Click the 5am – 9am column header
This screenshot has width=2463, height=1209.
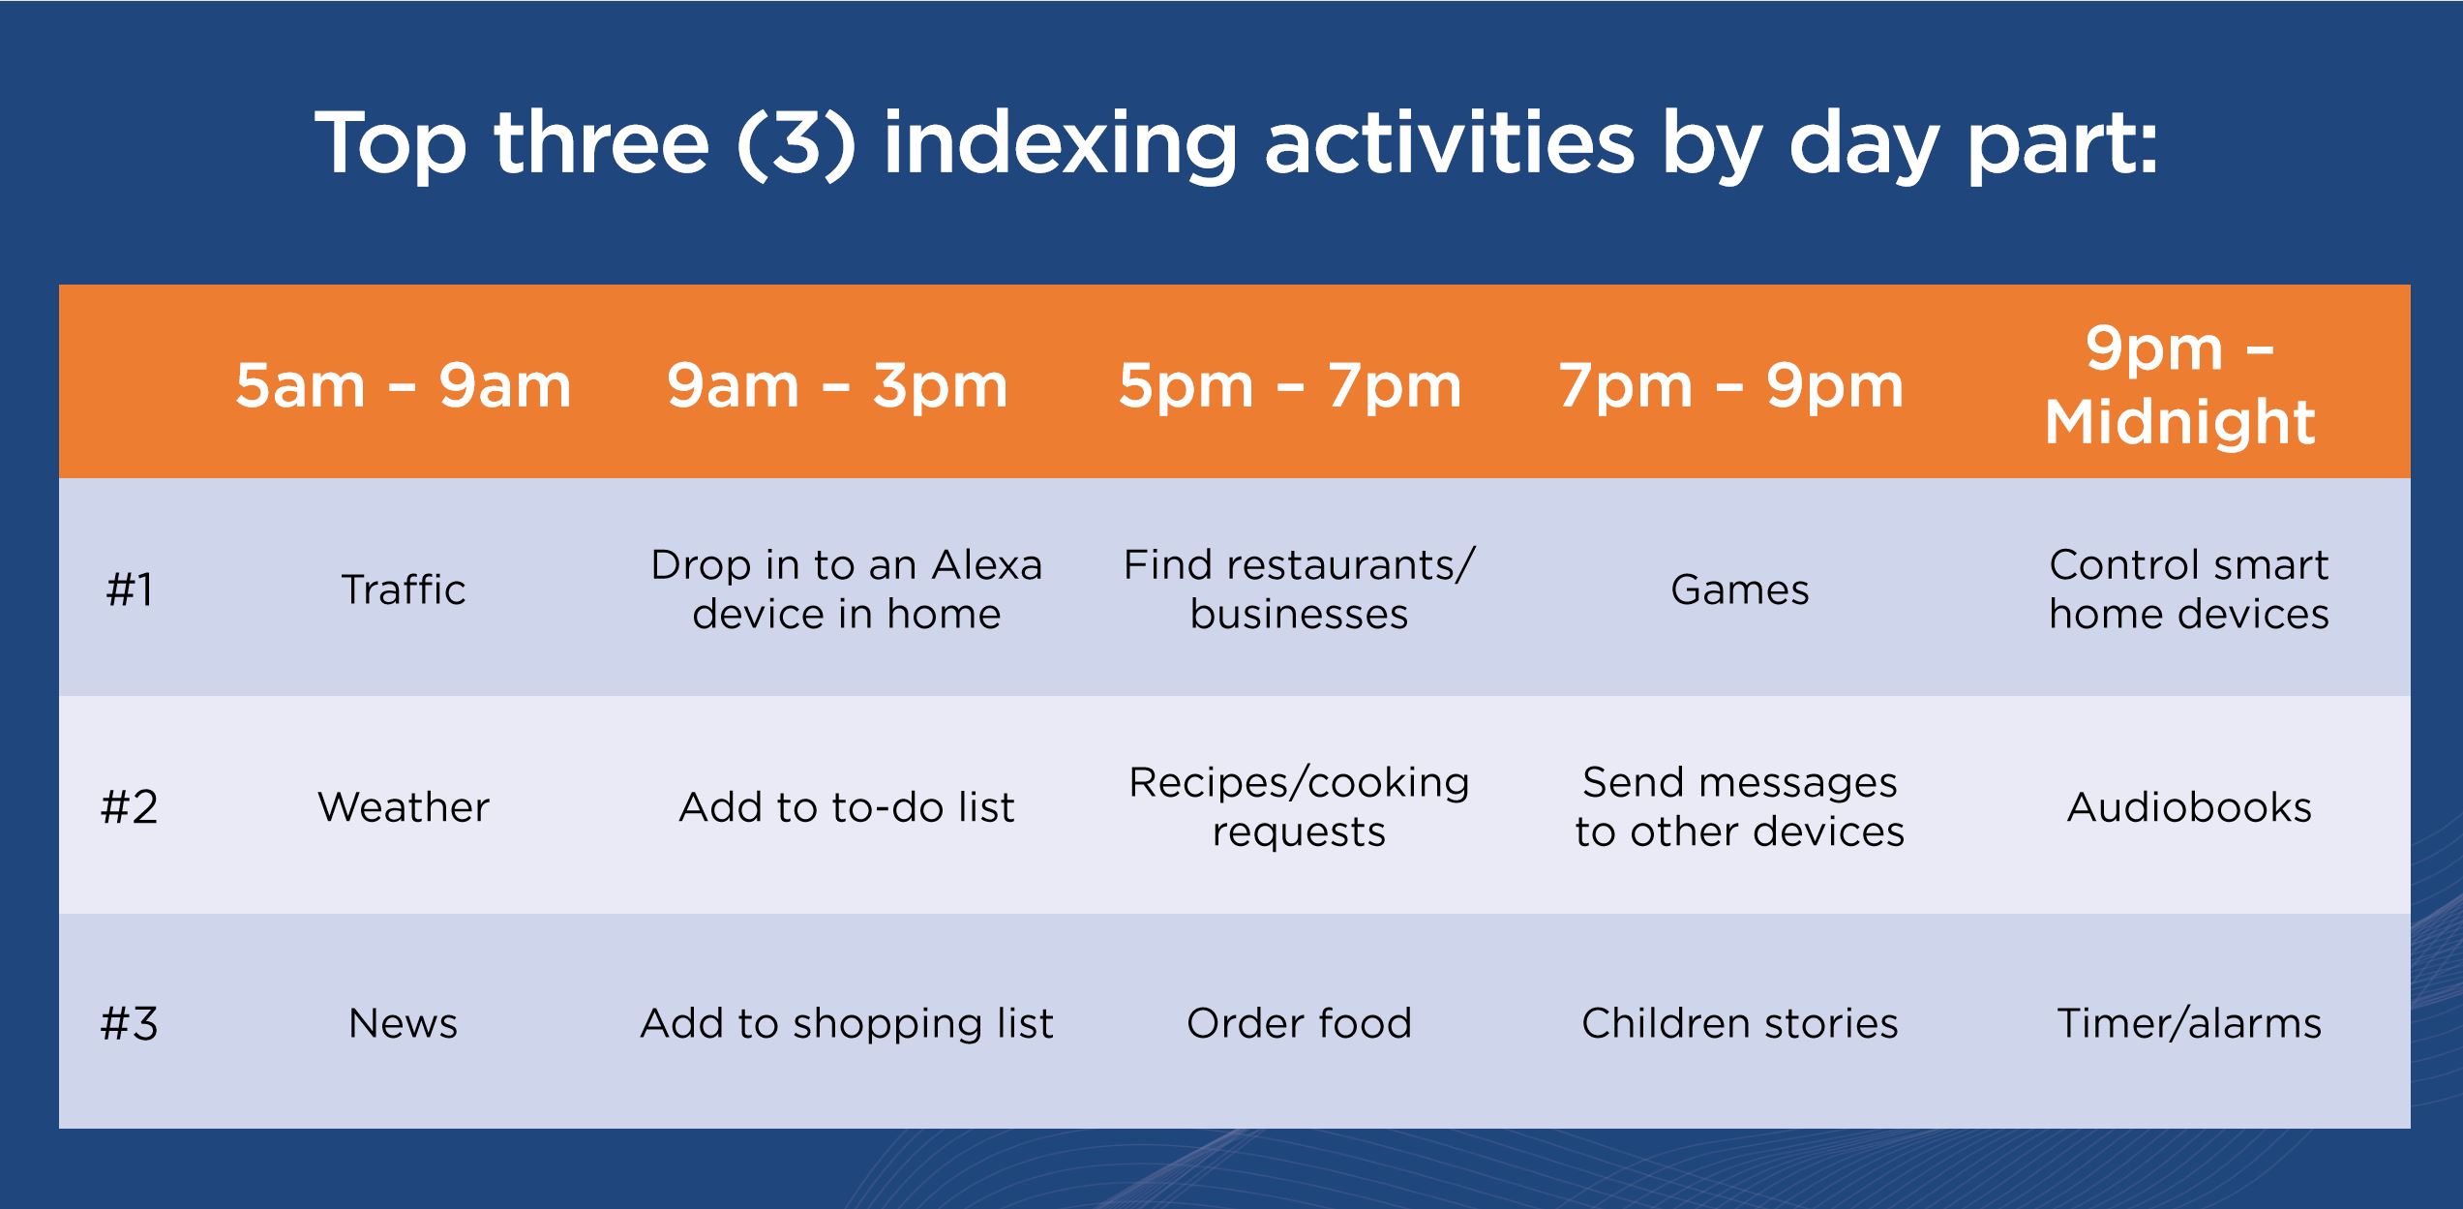[404, 385]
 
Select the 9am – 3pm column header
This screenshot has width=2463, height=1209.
[837, 385]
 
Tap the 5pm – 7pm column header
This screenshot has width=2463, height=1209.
[1290, 385]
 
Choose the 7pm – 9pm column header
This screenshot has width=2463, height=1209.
[1731, 385]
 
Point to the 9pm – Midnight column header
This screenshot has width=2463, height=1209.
[2180, 385]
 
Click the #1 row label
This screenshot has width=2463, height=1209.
[129, 589]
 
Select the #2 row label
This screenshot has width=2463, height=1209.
[129, 806]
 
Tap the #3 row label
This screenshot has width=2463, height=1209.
[129, 1023]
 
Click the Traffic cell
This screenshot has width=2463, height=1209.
[404, 589]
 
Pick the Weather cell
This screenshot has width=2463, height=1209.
[404, 806]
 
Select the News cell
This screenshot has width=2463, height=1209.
[404, 1023]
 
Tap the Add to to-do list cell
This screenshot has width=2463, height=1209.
[847, 807]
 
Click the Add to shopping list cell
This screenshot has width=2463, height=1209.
[847, 1024]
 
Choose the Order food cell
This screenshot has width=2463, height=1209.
[1299, 1023]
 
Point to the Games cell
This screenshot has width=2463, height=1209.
[1740, 589]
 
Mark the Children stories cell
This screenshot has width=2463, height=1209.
[1740, 1023]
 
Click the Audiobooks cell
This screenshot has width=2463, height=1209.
[2189, 806]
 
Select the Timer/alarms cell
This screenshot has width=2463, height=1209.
[2189, 1023]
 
